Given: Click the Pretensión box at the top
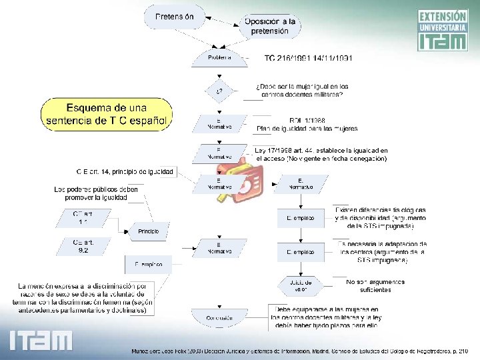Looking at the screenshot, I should click(x=175, y=16).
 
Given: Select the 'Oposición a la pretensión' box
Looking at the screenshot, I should click(x=269, y=26).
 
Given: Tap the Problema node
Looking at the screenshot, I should click(x=219, y=57).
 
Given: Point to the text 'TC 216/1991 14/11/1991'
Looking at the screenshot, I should click(x=309, y=58).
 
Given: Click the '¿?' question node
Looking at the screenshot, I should click(x=219, y=90).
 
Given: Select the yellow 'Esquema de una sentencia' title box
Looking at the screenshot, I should click(x=107, y=114).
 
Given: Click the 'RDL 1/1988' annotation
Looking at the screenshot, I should click(x=307, y=124).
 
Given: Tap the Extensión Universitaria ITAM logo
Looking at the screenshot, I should click(x=443, y=30).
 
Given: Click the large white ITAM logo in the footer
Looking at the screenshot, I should click(x=41, y=340).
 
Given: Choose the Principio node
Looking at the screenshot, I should click(x=149, y=231).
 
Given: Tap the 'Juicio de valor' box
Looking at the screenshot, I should click(x=301, y=285).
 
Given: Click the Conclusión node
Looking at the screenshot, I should click(x=219, y=317).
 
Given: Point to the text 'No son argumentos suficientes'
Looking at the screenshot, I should click(x=374, y=286).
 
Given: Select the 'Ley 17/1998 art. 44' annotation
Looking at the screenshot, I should click(x=321, y=155).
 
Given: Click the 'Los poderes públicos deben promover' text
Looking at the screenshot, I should click(x=96, y=193).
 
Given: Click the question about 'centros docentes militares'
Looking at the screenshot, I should click(x=302, y=91).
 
